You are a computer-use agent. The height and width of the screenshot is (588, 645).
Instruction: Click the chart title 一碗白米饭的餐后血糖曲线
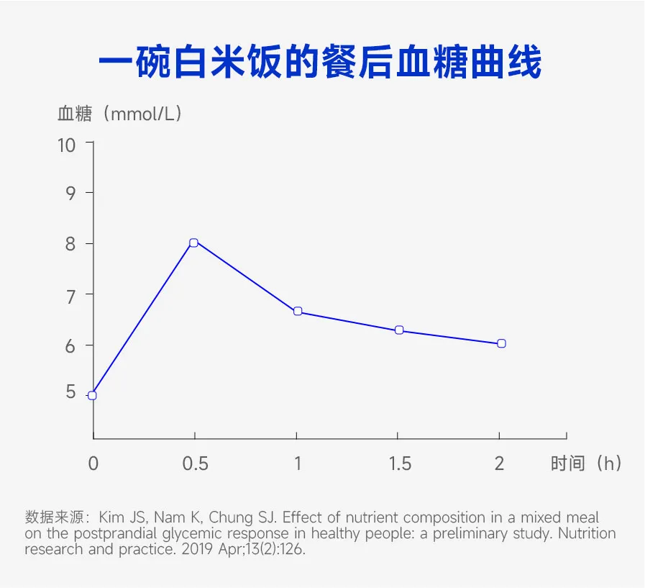319,64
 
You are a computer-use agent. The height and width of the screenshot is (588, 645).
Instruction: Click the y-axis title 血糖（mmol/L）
119,114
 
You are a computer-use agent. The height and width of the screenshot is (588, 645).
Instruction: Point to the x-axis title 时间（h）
585,463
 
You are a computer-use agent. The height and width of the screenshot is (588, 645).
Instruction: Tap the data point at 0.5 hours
193,243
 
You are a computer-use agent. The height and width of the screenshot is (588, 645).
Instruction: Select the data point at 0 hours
92,395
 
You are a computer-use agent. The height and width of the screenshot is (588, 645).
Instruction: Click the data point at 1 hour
297,312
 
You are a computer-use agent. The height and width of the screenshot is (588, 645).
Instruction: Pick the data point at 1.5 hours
399,330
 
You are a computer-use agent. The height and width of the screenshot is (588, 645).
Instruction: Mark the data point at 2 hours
501,343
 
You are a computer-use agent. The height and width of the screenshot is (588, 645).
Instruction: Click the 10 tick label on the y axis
66,145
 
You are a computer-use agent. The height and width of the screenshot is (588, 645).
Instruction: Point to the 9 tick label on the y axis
70,194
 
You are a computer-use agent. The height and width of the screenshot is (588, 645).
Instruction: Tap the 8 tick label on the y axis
70,244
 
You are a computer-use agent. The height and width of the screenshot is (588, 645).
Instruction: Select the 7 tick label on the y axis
70,294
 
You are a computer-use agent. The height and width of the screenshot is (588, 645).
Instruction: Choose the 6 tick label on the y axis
70,345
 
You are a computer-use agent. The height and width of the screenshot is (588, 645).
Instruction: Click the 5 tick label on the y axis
70,392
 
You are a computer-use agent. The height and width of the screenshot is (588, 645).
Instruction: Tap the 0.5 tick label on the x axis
195,463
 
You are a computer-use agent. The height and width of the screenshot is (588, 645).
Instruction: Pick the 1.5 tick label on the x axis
400,463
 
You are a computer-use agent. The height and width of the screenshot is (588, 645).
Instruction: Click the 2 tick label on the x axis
500,463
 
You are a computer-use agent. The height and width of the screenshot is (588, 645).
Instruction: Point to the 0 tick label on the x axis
93,463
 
